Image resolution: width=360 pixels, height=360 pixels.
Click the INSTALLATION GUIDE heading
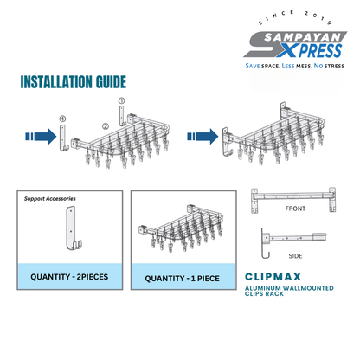[x=74, y=83]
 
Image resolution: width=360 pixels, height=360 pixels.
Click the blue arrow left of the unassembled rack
[x=36, y=135]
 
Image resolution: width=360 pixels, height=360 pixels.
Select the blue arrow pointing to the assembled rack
[x=202, y=135]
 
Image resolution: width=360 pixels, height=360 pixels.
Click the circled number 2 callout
[x=105, y=125]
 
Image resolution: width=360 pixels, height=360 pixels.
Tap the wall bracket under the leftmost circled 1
[x=61, y=138]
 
